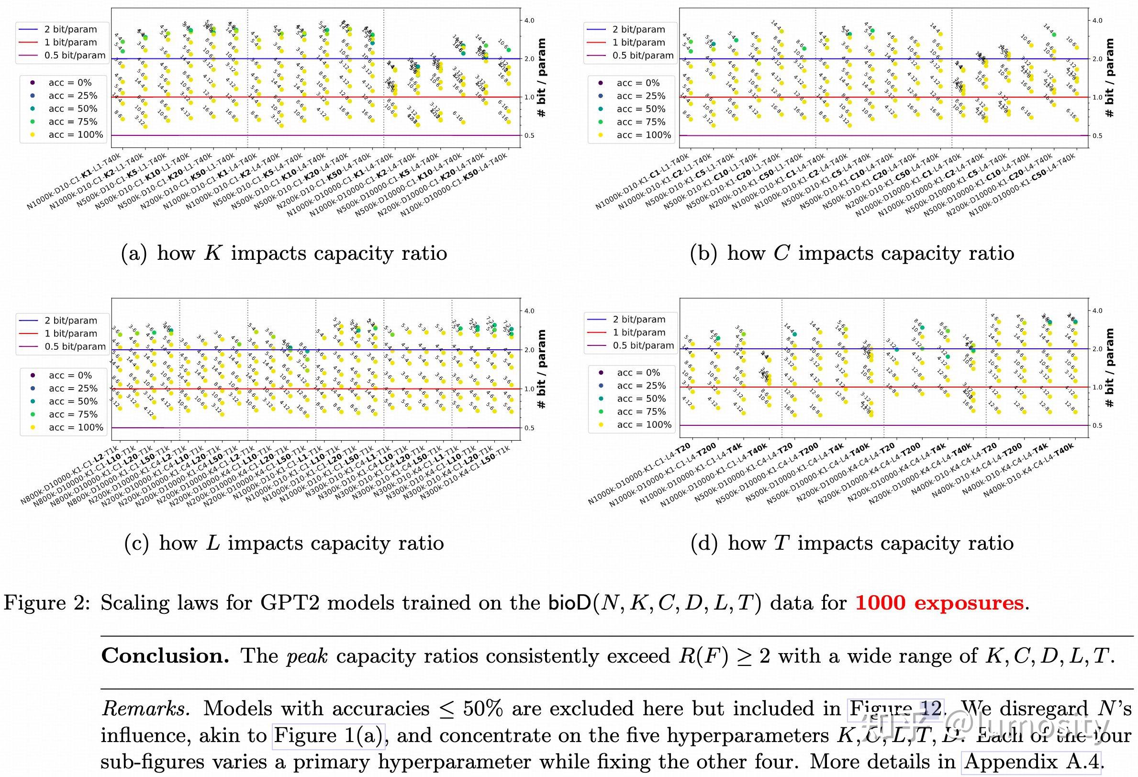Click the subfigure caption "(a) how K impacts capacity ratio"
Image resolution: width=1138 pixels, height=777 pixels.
(x=284, y=254)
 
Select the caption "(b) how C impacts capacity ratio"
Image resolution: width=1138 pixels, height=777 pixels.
(x=851, y=254)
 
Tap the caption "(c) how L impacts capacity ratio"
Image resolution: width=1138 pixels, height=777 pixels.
(x=284, y=544)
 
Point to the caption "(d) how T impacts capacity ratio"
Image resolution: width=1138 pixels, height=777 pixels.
(x=851, y=544)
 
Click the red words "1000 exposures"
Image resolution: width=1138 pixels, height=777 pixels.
(x=939, y=603)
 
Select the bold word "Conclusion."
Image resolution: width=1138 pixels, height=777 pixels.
(x=165, y=656)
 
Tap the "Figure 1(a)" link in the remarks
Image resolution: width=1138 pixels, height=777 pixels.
(x=329, y=736)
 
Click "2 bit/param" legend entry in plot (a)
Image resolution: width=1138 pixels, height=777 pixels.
(x=70, y=30)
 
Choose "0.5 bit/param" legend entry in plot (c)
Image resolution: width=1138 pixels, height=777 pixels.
(x=75, y=347)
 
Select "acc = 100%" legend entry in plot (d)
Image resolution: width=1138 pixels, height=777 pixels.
(x=644, y=425)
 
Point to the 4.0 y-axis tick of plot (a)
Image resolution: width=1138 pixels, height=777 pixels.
(x=529, y=21)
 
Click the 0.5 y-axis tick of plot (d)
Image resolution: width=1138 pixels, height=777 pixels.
(x=1097, y=426)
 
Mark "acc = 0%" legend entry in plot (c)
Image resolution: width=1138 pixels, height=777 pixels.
(x=70, y=376)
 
